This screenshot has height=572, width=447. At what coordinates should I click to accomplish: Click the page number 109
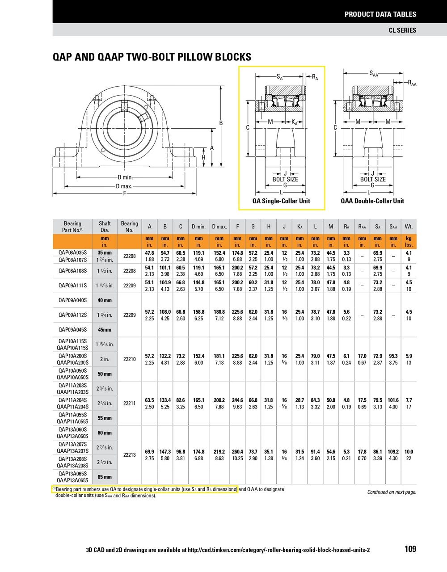[x=410, y=549]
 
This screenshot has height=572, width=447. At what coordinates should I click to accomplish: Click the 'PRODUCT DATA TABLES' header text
[x=380, y=14]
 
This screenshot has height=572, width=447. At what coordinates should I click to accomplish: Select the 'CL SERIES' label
[x=402, y=30]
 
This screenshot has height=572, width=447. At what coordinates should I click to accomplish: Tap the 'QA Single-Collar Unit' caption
[x=281, y=201]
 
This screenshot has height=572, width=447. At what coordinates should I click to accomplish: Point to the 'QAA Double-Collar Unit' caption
[x=372, y=201]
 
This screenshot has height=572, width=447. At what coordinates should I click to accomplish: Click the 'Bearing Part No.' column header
[x=72, y=227]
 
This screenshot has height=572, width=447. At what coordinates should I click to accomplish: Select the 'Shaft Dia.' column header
[x=105, y=227]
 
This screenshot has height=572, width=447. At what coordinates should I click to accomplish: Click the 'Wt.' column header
[x=409, y=227]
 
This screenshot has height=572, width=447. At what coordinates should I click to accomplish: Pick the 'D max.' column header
[x=219, y=227]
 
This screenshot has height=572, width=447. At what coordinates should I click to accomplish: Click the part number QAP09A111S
[x=73, y=286]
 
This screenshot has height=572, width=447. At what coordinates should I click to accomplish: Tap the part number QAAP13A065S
[x=73, y=480]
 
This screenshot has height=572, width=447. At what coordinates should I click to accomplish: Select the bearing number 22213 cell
[x=129, y=455]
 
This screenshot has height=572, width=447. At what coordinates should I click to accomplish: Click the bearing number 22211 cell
[x=129, y=404]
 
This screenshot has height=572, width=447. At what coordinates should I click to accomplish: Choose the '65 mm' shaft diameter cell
[x=105, y=477]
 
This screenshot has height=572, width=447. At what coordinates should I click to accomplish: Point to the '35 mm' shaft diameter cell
[x=105, y=253]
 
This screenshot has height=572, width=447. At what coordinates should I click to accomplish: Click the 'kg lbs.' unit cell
[x=409, y=242]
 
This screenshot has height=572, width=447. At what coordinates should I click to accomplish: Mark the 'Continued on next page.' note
[x=392, y=492]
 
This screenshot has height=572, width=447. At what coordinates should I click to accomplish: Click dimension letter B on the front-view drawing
[x=220, y=123]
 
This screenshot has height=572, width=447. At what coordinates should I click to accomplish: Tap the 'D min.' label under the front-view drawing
[x=125, y=177]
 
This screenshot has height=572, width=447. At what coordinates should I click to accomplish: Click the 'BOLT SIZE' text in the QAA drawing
[x=372, y=180]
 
